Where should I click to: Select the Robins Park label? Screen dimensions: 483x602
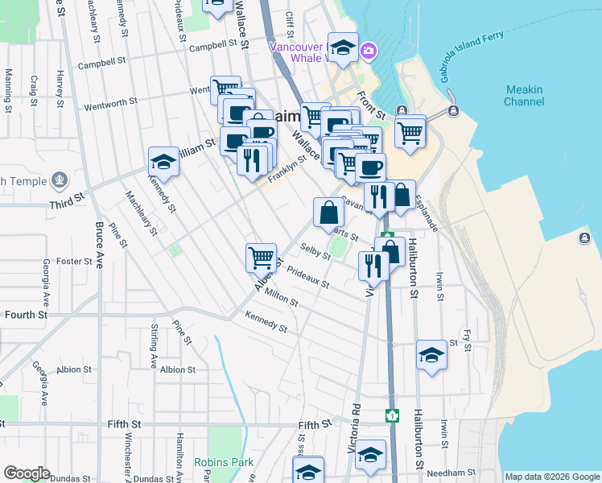[x=224, y=462]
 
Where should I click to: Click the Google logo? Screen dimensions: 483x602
[x=27, y=473]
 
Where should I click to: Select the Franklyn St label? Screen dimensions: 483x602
[x=287, y=170]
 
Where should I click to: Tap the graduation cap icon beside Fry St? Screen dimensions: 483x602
[x=431, y=355]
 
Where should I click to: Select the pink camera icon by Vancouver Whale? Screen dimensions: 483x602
[x=369, y=51]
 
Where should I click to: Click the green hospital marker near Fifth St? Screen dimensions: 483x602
[x=392, y=416]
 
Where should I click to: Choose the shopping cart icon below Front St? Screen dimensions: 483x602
[x=410, y=131]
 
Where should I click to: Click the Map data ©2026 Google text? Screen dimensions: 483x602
[x=551, y=477]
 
